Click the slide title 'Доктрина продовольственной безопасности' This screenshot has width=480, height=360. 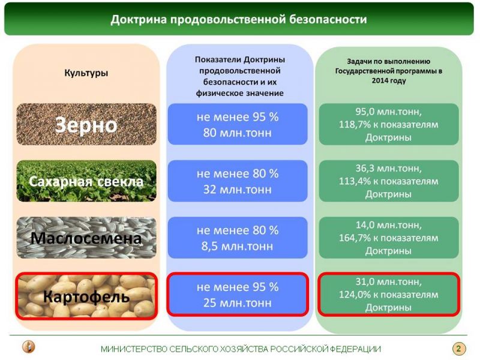click(x=238, y=19)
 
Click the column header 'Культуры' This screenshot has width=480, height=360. click(x=86, y=73)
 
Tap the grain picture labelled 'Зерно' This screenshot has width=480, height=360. click(x=86, y=124)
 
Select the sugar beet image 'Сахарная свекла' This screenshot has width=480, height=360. click(x=86, y=181)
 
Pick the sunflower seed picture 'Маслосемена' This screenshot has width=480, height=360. click(x=86, y=238)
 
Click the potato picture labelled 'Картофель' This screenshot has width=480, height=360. click(x=86, y=296)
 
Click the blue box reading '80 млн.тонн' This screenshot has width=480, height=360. click(x=238, y=124)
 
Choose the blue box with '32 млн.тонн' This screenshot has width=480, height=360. click(x=238, y=181)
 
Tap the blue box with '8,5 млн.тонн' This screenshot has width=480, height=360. click(x=238, y=238)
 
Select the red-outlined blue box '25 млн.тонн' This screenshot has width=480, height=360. click(x=238, y=295)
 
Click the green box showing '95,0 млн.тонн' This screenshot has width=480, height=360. click(x=389, y=124)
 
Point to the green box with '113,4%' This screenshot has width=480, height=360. click(x=389, y=181)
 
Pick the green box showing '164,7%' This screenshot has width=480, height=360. click(x=389, y=238)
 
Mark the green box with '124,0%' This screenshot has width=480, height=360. click(x=389, y=295)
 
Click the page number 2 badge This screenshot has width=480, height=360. click(x=458, y=349)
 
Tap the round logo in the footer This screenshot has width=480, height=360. click(x=29, y=347)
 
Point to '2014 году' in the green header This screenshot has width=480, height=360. click(x=389, y=81)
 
